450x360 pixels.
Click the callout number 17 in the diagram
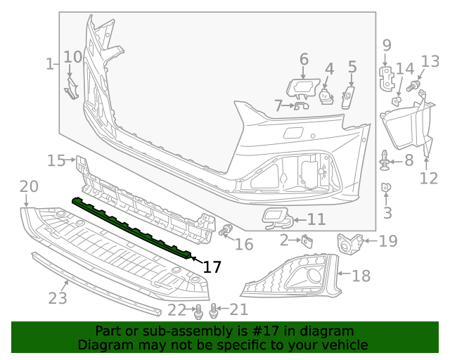(212, 267)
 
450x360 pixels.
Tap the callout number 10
(72, 57)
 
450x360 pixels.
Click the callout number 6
(304, 58)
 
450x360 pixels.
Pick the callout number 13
(430, 61)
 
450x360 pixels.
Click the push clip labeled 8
(386, 161)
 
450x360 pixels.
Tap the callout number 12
(428, 178)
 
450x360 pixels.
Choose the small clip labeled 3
(386, 188)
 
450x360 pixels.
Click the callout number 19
(388, 241)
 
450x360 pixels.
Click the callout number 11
(316, 219)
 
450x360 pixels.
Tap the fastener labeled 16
(226, 231)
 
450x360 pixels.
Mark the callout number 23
(58, 297)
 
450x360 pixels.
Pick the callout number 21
(239, 309)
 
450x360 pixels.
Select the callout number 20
(28, 187)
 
